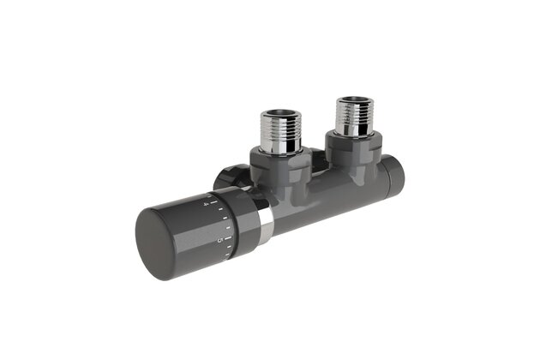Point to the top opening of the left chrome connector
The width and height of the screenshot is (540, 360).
pyautogui.click(x=278, y=112)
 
